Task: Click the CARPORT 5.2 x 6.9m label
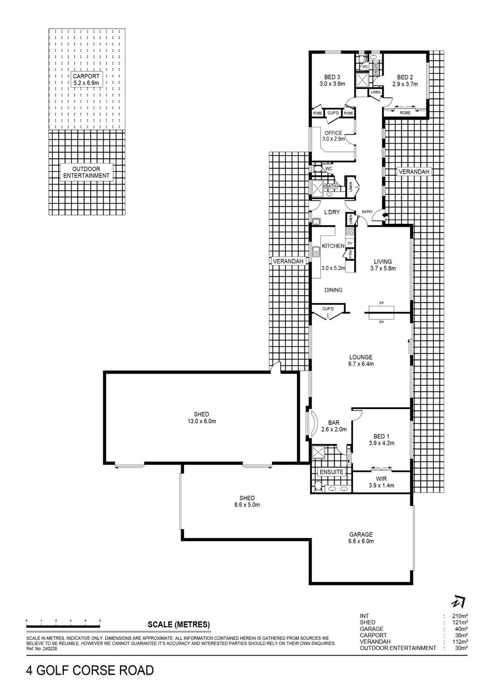coord(86,80)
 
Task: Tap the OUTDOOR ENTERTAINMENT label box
coord(87,172)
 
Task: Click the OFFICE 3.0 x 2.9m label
coord(333,136)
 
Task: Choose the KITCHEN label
coord(333,246)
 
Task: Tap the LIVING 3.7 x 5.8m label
coord(383,265)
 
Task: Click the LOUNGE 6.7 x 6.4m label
coord(361,361)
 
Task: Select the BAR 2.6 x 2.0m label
coord(334,426)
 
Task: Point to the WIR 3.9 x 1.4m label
coord(381,482)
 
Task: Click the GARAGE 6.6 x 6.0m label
coord(361,538)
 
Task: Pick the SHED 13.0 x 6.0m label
coord(201,418)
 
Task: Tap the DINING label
coord(333,290)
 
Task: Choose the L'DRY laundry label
coord(332,212)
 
